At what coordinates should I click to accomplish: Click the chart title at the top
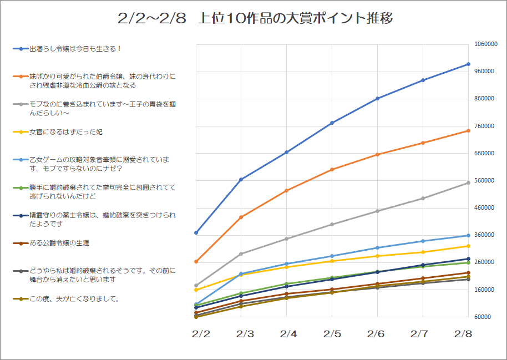[x=256, y=18]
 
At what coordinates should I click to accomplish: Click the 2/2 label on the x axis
[x=201, y=334]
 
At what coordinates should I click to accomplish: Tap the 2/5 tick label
[x=332, y=334]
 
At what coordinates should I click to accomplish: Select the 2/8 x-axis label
[x=463, y=334]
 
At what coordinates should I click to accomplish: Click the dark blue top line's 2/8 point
[x=468, y=64]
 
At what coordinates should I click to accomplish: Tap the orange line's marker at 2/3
[x=241, y=217]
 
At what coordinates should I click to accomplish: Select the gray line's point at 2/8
[x=468, y=182]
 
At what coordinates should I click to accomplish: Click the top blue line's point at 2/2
[x=196, y=232]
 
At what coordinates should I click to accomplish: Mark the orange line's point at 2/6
[x=377, y=154]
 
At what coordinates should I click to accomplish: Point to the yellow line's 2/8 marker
[x=468, y=246]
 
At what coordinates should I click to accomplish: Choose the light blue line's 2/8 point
[x=468, y=235]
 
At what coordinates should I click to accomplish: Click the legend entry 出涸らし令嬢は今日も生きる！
[x=75, y=49]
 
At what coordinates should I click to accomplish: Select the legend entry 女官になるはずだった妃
[x=65, y=132]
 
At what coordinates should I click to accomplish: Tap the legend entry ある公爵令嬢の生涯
[x=59, y=243]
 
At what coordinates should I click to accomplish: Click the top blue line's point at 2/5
[x=332, y=123]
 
